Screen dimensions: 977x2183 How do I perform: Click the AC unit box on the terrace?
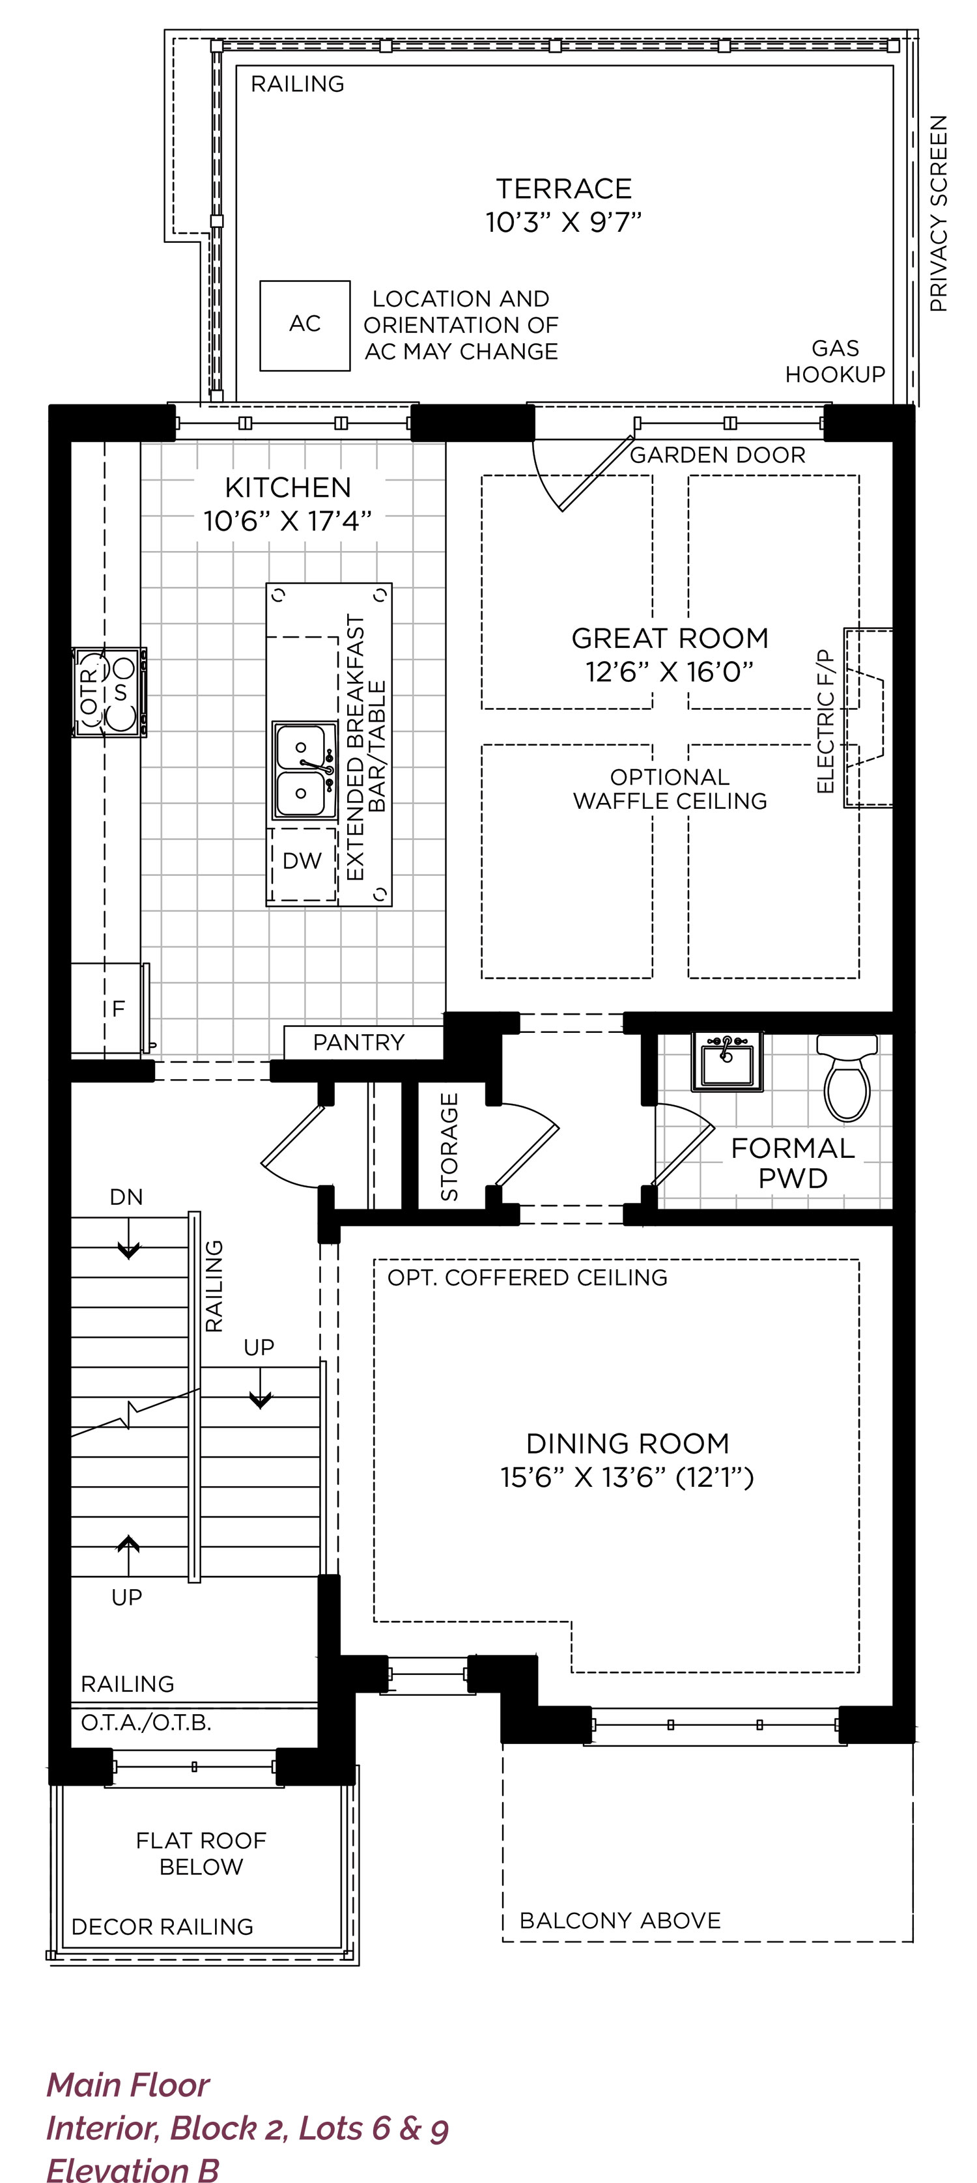pos(305,326)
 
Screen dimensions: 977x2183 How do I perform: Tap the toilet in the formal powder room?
pos(847,1078)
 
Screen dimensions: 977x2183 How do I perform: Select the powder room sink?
pos(727,1060)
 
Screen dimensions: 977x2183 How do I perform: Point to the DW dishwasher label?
pos(302,861)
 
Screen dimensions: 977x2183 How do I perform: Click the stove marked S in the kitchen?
pos(110,692)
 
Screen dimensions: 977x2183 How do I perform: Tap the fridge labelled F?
pos(110,1008)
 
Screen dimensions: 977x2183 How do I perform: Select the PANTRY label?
pos(358,1043)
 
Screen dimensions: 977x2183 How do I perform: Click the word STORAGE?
pos(449,1147)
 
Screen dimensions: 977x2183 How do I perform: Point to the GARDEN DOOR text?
pos(718,455)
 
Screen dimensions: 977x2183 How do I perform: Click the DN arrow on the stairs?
pos(128,1238)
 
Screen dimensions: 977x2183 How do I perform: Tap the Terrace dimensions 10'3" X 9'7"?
pos(563,222)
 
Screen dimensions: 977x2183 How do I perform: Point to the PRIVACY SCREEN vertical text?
pos(938,214)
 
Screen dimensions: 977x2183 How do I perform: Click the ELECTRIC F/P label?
pos(825,721)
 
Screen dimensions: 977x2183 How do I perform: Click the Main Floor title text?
pos(128,2084)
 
